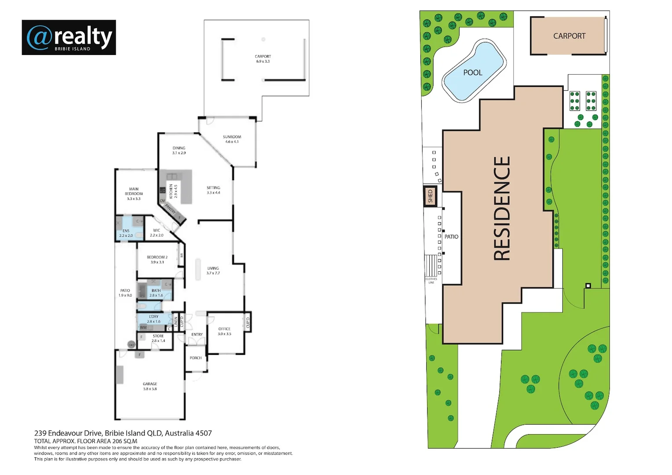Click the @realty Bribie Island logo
(69, 37)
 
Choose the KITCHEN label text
(171, 191)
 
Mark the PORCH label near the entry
(196, 358)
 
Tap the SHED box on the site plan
(430, 196)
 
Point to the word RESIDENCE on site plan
(501, 208)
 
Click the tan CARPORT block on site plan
(569, 36)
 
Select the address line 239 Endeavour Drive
(123, 433)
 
